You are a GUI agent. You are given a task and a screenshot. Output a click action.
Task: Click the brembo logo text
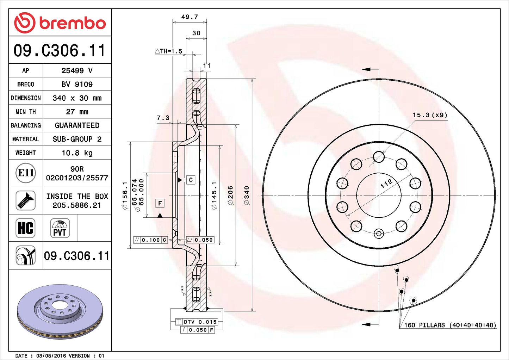click(x=72, y=23)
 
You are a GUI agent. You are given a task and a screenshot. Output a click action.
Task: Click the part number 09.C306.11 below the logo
click(x=60, y=50)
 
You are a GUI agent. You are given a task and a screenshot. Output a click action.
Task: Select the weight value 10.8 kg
click(x=77, y=153)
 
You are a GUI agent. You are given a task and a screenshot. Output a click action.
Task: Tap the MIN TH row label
click(x=26, y=112)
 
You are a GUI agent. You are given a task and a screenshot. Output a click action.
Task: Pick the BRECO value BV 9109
click(x=77, y=84)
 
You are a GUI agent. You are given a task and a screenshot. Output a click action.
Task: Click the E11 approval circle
click(x=26, y=173)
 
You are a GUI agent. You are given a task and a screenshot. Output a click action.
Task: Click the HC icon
click(x=26, y=228)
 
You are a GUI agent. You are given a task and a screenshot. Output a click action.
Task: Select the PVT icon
click(x=60, y=228)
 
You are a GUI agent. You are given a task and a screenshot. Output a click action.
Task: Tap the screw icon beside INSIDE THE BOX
click(x=26, y=200)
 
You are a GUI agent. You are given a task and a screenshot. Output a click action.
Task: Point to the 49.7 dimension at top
click(x=190, y=17)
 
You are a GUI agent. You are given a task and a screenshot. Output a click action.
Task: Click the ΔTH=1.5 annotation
click(x=169, y=51)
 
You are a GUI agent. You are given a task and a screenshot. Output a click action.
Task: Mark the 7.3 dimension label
click(x=163, y=118)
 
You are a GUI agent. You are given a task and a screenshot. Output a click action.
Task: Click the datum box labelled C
click(x=191, y=180)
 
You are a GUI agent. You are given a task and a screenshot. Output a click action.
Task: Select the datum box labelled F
click(x=160, y=203)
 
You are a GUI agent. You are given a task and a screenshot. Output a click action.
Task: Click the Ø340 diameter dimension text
click(x=247, y=195)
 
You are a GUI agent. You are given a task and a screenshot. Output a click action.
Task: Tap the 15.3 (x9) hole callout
click(x=430, y=115)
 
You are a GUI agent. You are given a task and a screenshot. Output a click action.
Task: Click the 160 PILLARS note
click(x=450, y=325)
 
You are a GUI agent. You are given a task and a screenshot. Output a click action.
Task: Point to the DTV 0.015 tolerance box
click(x=200, y=322)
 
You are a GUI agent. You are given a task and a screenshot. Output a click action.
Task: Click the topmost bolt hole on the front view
click(x=379, y=157)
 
